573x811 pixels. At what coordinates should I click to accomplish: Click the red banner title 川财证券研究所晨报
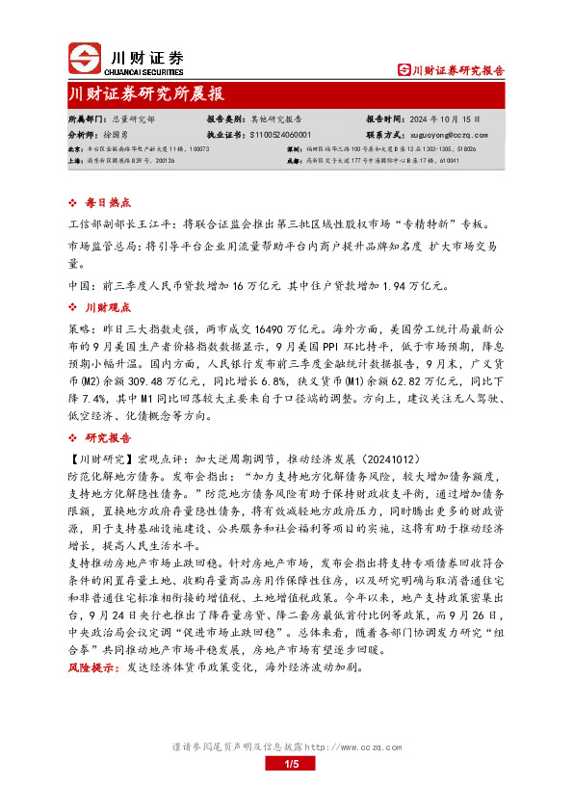coord(145,93)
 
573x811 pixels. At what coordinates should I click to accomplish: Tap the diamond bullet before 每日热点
coord(74,203)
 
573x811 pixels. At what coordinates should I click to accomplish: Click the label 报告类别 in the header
coord(225,118)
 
